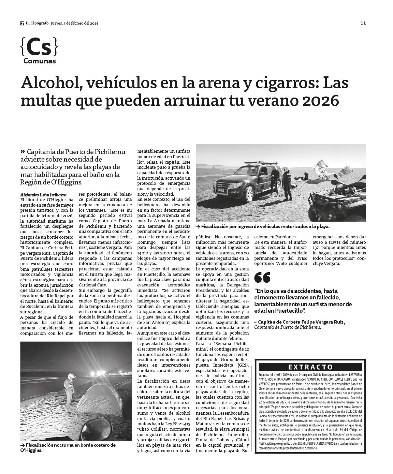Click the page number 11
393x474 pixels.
click(x=363, y=23)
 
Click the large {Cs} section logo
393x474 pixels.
click(x=39, y=48)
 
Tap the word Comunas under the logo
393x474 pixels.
click(x=40, y=61)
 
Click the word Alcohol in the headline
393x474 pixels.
click(x=50, y=84)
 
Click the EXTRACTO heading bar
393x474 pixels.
click(x=310, y=367)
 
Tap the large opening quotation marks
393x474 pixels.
click(x=262, y=278)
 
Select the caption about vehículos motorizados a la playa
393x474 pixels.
click(x=263, y=226)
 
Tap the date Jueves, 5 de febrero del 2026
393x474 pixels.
click(x=74, y=23)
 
